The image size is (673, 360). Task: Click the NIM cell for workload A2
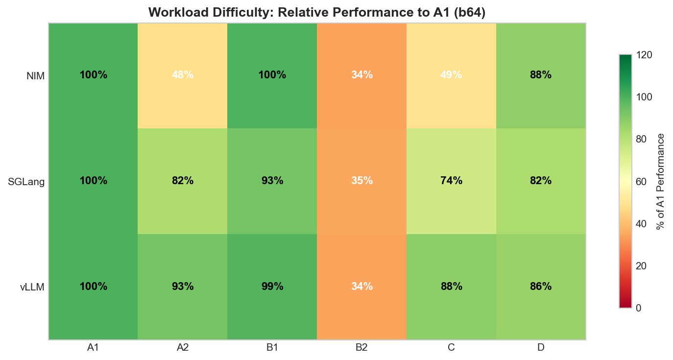point(182,75)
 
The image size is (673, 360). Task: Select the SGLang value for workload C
point(451,181)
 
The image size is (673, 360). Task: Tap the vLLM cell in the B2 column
point(361,287)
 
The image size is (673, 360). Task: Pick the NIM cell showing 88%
point(541,75)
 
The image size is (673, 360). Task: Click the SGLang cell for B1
point(272,181)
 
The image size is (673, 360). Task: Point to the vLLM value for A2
point(182,287)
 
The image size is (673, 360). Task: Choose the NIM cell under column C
point(451,75)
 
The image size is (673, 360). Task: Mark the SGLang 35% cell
point(361,181)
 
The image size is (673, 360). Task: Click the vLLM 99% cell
point(272,287)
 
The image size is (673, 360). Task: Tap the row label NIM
point(35,76)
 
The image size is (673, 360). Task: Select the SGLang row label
point(26,182)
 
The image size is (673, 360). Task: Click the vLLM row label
point(32,287)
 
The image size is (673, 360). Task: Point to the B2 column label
point(361,348)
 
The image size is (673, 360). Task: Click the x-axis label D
point(541,348)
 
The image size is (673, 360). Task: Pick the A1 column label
point(93,348)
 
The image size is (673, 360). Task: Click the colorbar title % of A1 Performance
point(661,181)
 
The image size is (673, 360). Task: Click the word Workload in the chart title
point(172,12)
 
